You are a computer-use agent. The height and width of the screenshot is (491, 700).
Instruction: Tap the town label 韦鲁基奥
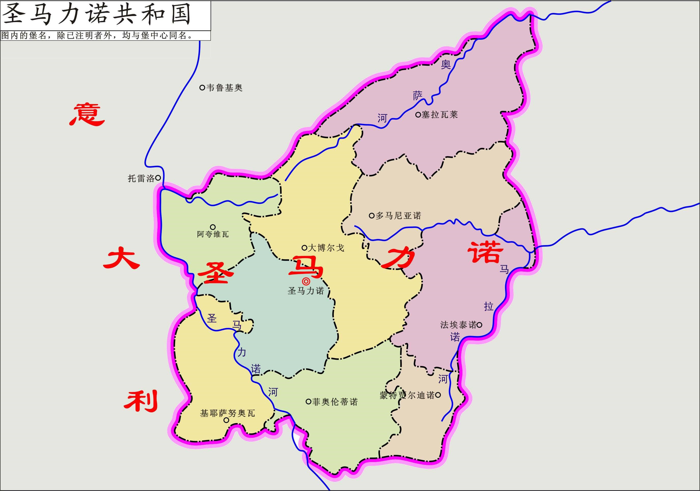(x=224, y=88)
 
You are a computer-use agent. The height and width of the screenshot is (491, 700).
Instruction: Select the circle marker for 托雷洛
(x=158, y=178)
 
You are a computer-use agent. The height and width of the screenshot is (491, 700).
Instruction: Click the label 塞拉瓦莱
(x=440, y=115)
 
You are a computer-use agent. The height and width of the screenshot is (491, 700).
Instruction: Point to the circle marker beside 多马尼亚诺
(x=371, y=216)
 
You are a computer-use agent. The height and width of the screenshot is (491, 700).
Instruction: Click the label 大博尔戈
(x=326, y=247)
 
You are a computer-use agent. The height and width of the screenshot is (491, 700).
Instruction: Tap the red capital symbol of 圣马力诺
(x=306, y=281)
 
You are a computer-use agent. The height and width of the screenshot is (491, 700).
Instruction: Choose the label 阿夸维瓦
(x=213, y=234)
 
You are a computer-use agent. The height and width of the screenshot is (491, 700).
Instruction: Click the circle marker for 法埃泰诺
(x=479, y=325)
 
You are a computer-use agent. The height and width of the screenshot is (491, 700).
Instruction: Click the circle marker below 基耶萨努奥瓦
(x=226, y=420)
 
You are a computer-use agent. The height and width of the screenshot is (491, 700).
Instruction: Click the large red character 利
(x=141, y=401)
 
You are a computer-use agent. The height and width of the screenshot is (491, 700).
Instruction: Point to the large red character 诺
(x=485, y=252)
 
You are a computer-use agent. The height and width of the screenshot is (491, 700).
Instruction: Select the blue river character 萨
(x=418, y=96)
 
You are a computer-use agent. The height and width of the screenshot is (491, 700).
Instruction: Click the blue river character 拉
(x=488, y=306)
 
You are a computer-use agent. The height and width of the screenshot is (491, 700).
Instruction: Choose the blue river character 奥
(x=446, y=64)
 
